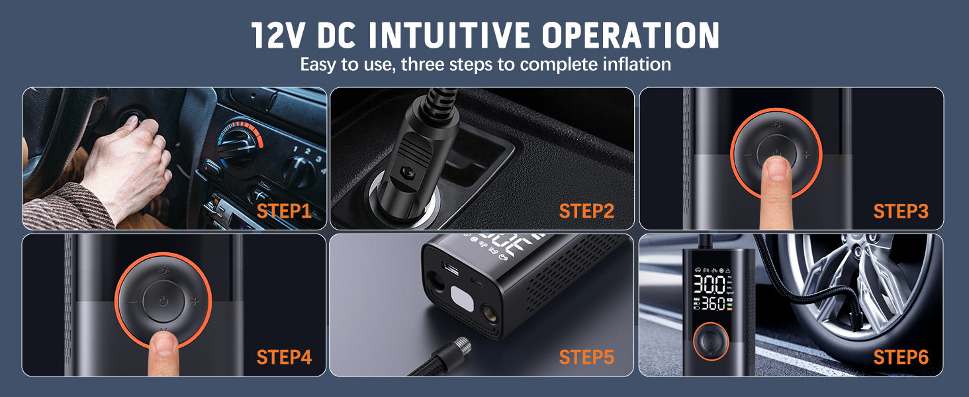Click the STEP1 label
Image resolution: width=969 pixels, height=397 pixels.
point(284,211)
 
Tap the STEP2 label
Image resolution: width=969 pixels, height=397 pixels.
point(586,211)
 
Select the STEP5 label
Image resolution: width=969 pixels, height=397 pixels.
point(586,357)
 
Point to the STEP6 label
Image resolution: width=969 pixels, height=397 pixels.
point(901,357)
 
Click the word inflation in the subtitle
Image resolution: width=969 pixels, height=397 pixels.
point(636,65)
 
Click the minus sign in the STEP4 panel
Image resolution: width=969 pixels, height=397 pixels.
point(133,302)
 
